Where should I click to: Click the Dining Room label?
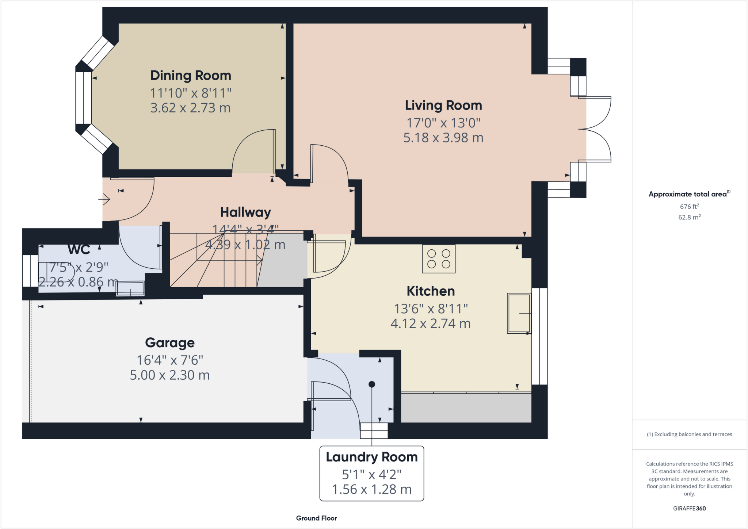pos(191,76)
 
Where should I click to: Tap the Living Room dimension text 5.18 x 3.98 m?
pos(443,138)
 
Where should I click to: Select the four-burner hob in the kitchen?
pos(439,259)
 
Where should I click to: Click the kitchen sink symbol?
pos(519,313)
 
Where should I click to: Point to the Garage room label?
pos(170,342)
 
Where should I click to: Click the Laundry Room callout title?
pos(371,457)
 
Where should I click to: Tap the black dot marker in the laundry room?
pos(372,384)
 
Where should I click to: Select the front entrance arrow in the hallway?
pos(104,199)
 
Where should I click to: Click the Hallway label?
pos(245,212)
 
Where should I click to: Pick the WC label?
pos(79,249)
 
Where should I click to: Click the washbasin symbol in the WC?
pos(130,288)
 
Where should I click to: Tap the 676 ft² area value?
pos(689,207)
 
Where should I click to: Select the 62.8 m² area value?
pos(689,217)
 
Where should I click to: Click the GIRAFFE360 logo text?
pos(689,508)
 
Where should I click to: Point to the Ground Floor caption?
pos(316,518)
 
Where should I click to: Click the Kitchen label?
pos(431,291)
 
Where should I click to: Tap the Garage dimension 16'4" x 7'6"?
pos(170,360)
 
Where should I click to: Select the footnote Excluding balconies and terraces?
pos(689,434)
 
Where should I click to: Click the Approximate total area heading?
pos(688,194)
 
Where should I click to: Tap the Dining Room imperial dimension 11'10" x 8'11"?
pos(191,93)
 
